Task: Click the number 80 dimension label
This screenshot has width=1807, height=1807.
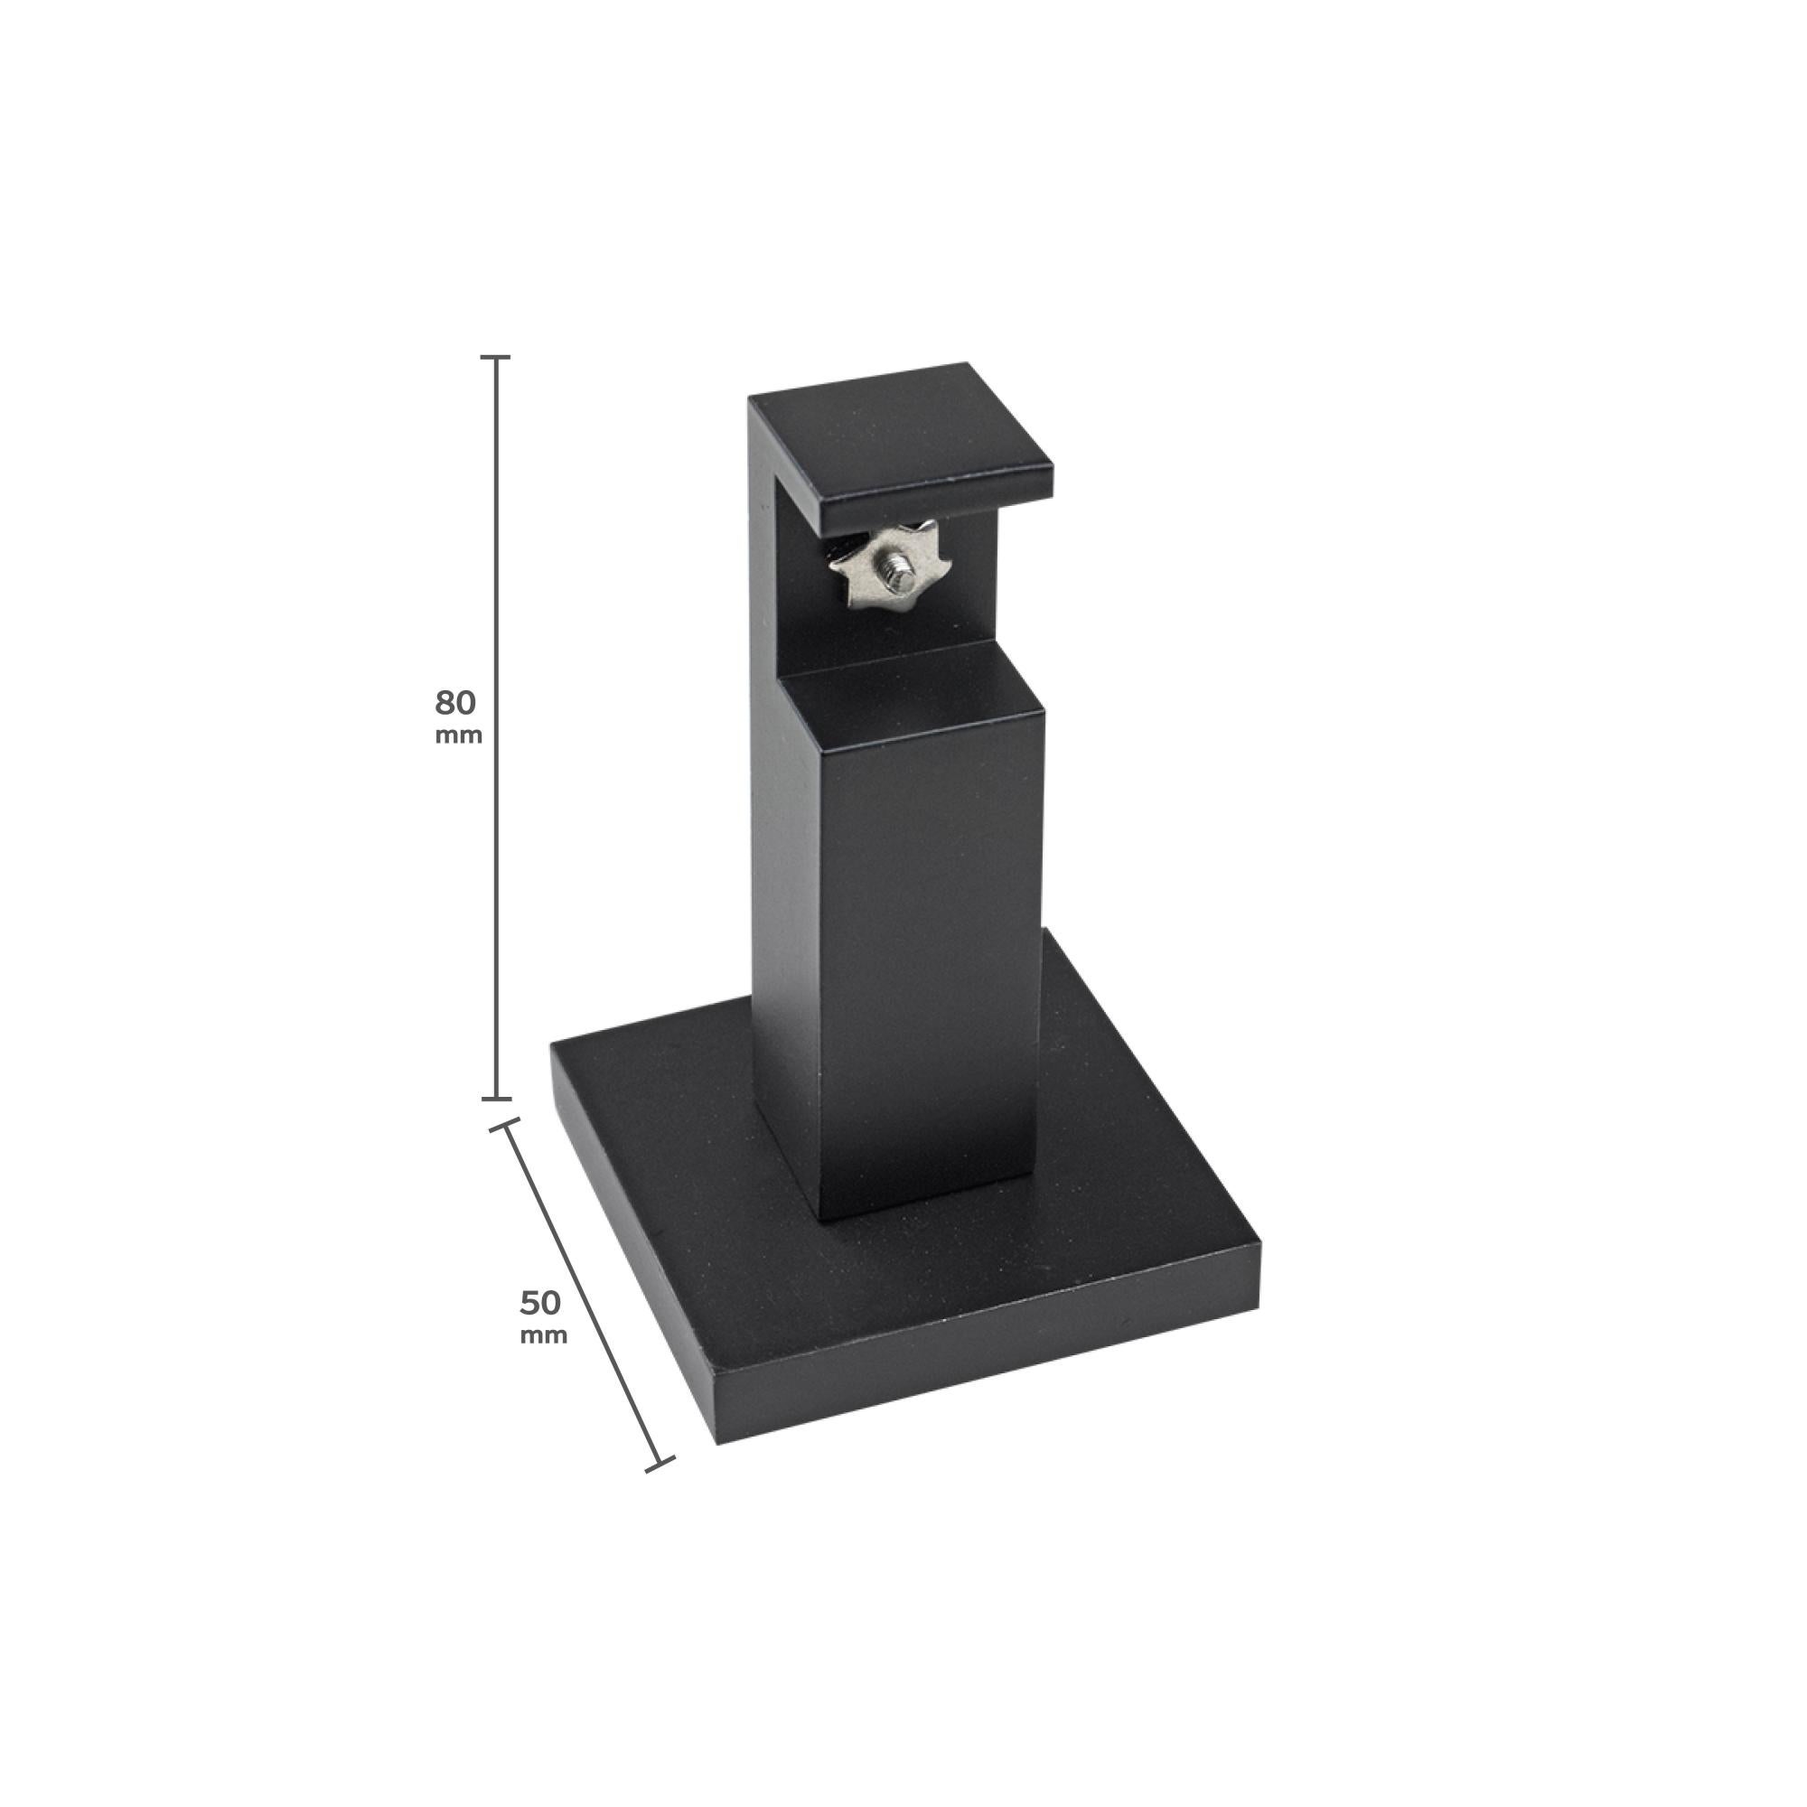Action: pos(455,701)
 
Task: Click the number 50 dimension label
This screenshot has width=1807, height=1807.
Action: pos(540,1301)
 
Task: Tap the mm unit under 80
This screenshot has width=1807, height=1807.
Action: pos(458,735)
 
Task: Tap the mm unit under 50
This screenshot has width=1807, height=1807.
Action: pos(543,1334)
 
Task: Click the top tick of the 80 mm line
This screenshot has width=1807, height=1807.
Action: pos(496,357)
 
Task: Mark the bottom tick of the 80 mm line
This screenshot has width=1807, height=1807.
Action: pos(496,1098)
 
